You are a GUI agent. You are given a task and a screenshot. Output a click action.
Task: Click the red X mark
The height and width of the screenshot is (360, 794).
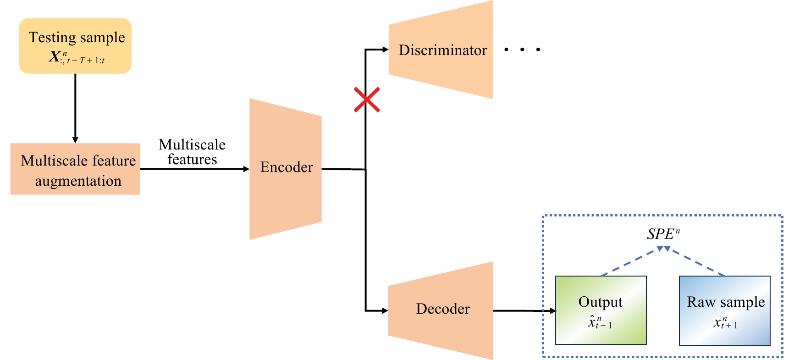[x=367, y=100]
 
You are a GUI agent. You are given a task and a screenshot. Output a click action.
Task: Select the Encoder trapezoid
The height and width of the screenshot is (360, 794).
[x=286, y=168]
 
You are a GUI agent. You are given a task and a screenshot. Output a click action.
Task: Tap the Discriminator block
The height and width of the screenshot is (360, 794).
[x=441, y=50]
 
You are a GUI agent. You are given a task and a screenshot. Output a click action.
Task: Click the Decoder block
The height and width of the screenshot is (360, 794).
[x=441, y=310]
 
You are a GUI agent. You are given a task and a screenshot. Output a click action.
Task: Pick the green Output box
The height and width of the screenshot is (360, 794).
[x=601, y=310]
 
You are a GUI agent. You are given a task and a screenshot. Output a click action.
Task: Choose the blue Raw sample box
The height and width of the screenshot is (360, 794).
[x=724, y=310]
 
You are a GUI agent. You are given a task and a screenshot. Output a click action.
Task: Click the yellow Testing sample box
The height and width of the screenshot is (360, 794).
[x=76, y=46]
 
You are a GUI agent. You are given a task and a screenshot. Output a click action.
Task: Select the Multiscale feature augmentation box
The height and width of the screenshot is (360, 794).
[x=76, y=169]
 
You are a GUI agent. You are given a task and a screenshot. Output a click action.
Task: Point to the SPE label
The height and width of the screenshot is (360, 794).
[x=663, y=234]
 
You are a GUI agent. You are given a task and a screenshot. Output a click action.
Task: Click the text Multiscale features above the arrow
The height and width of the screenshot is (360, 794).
[x=192, y=152]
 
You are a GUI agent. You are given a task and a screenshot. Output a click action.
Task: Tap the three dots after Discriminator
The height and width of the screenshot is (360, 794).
[x=522, y=49]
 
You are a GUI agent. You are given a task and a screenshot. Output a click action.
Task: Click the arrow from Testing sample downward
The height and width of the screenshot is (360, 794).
[x=75, y=108]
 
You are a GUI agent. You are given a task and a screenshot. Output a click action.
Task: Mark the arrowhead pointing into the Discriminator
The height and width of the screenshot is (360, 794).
[x=385, y=50]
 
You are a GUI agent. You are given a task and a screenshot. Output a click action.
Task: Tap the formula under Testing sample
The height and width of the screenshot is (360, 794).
[x=77, y=58]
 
